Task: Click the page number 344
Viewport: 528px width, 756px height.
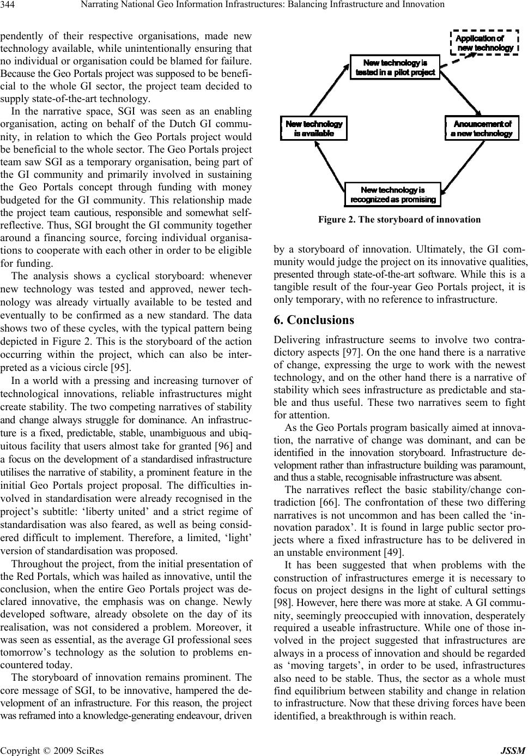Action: [9, 5]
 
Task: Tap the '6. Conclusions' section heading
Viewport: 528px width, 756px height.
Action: [314, 320]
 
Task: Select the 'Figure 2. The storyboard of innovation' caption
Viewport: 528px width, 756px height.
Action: [399, 220]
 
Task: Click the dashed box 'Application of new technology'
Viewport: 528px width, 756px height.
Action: [484, 43]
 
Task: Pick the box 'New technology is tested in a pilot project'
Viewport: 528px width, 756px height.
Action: [395, 67]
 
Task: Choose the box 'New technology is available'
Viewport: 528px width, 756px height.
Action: [314, 128]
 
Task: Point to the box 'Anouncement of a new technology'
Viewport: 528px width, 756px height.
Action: [482, 128]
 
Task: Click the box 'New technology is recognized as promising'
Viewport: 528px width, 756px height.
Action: [393, 194]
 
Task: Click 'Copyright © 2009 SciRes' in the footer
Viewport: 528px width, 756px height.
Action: [52, 751]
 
